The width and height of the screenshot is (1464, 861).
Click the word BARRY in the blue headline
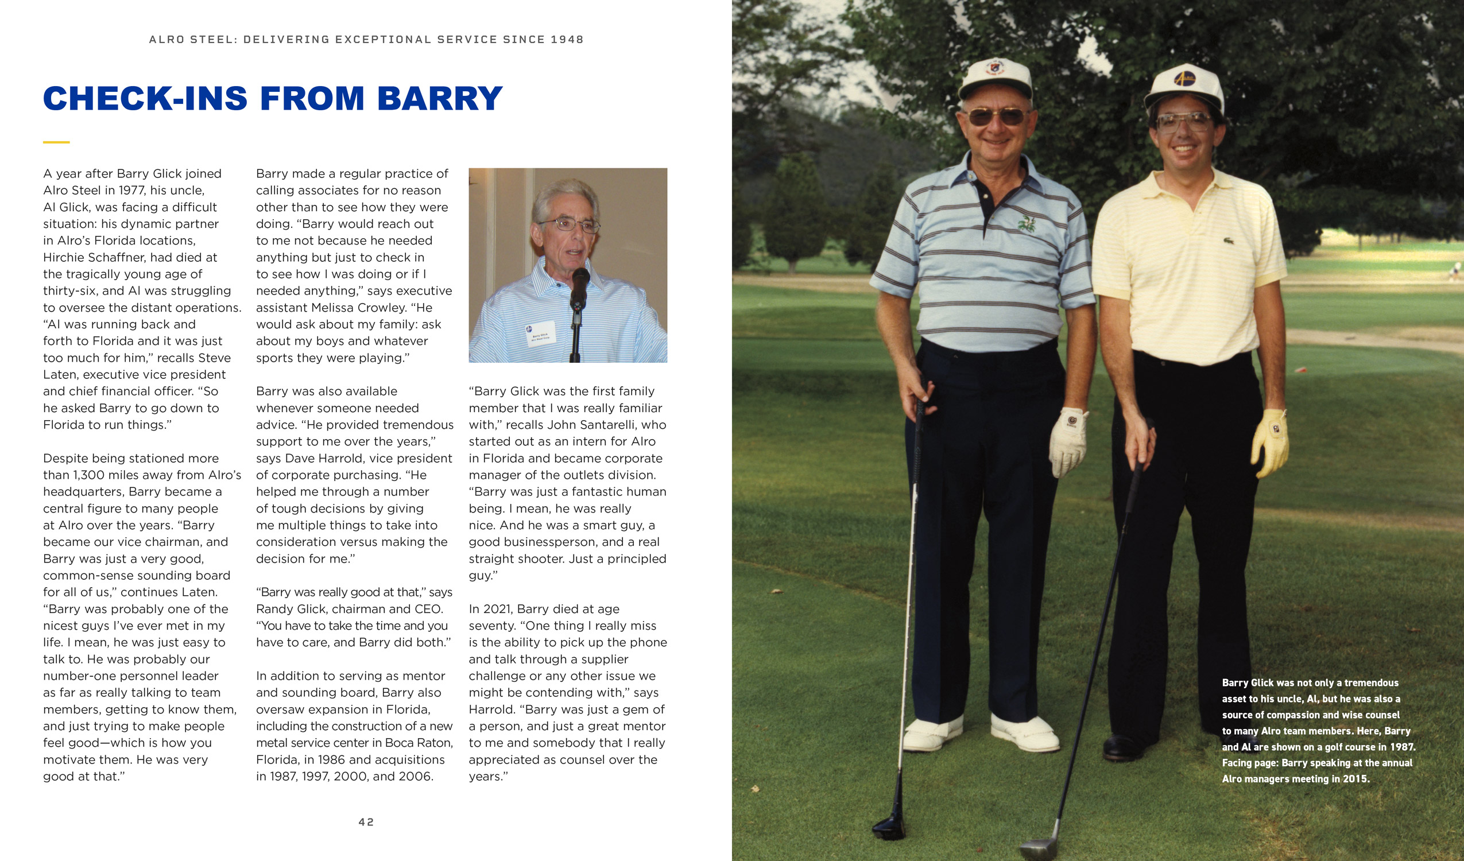tap(440, 98)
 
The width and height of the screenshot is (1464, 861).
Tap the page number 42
tap(366, 822)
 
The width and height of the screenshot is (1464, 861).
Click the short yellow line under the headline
tap(56, 142)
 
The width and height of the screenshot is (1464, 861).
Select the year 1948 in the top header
tap(568, 40)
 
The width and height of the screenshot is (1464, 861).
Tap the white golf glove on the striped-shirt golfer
tap(1068, 441)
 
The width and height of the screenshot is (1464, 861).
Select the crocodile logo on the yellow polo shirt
tap(1229, 240)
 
